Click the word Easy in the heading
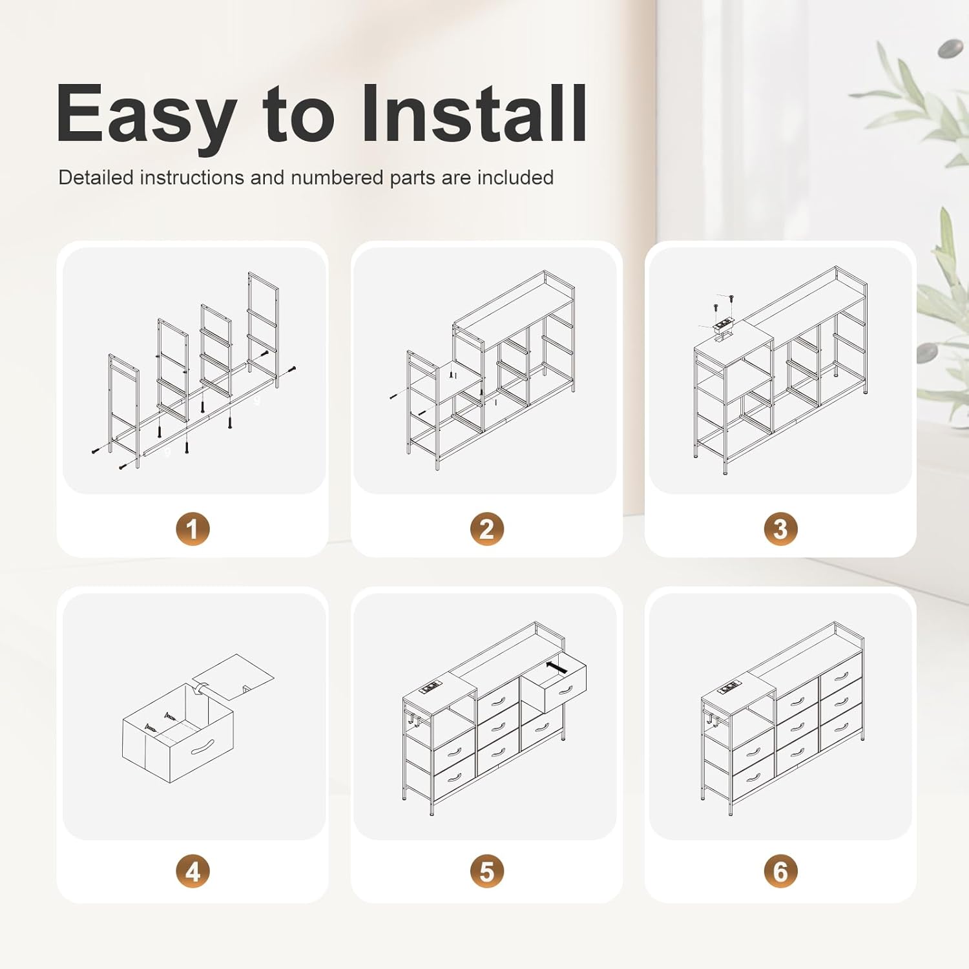pos(145,115)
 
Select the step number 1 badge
pos(193,529)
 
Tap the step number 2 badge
pos(486,529)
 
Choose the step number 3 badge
pos(780,529)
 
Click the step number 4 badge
pos(193,871)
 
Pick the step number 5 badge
pos(486,871)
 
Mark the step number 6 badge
pos(780,871)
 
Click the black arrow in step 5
pos(556,667)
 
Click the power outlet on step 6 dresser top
pos(729,685)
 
